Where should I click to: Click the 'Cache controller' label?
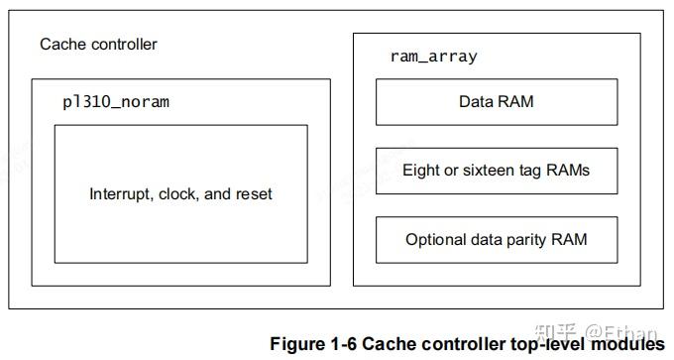tap(98, 45)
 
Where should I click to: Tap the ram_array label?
tap(433, 57)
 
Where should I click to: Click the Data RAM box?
tap(496, 102)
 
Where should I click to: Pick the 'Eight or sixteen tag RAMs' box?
tap(496, 171)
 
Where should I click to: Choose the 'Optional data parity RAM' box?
tap(496, 240)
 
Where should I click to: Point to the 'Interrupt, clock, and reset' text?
tap(180, 194)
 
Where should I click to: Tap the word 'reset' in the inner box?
tap(253, 194)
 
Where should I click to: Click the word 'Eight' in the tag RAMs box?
tap(421, 171)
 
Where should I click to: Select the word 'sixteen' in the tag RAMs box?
tap(488, 171)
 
